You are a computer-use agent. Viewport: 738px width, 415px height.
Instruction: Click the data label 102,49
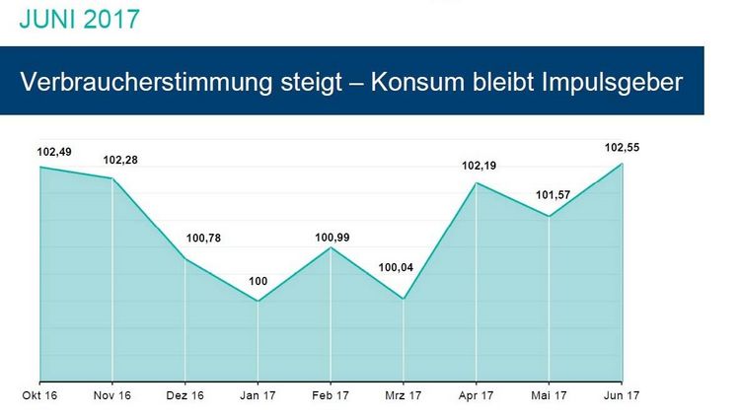pos(55,152)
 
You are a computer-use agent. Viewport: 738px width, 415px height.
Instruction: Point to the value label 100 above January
pos(258,282)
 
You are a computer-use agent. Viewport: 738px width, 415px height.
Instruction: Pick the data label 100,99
pos(332,237)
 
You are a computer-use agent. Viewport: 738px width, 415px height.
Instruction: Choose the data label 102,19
pos(480,166)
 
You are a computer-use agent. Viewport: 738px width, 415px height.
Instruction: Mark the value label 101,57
pos(552,195)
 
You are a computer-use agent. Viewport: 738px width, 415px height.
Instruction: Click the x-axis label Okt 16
pos(39,397)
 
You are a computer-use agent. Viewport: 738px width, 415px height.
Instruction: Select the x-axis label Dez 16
pos(185,397)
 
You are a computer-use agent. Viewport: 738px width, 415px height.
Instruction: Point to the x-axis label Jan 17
pos(258,397)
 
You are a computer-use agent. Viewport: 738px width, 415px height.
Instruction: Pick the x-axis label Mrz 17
pos(404,397)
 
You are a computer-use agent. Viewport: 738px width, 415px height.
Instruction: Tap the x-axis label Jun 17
pos(621,397)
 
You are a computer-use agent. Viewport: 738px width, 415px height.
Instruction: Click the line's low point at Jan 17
pos(258,301)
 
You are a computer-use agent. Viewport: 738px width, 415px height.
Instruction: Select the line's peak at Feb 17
pos(332,247)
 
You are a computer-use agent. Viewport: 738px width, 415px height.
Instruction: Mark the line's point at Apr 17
pos(477,183)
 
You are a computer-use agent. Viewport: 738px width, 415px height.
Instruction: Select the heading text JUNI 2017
pos(79,19)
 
